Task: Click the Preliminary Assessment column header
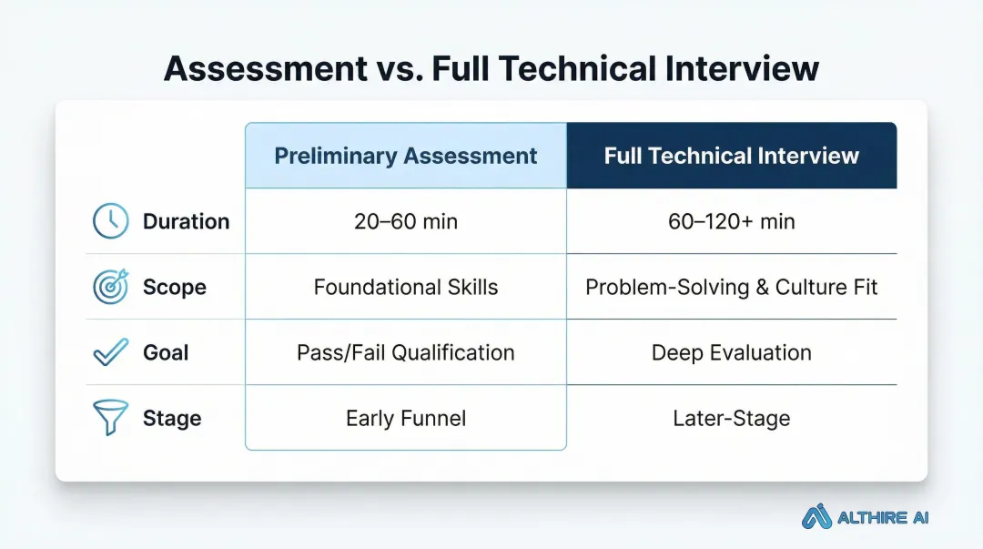406,156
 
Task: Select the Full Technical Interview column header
731,156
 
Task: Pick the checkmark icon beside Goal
111,352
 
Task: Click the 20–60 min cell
406,221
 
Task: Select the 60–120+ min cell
731,221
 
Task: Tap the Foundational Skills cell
406,288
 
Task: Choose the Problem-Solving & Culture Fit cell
731,288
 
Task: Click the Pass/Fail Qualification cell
406,352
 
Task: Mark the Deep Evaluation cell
731,352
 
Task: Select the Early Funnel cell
406,419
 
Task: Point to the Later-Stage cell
731,419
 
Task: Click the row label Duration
186,221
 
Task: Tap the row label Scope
175,288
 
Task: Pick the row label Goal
166,352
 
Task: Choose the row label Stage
172,419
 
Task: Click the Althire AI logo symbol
817,517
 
